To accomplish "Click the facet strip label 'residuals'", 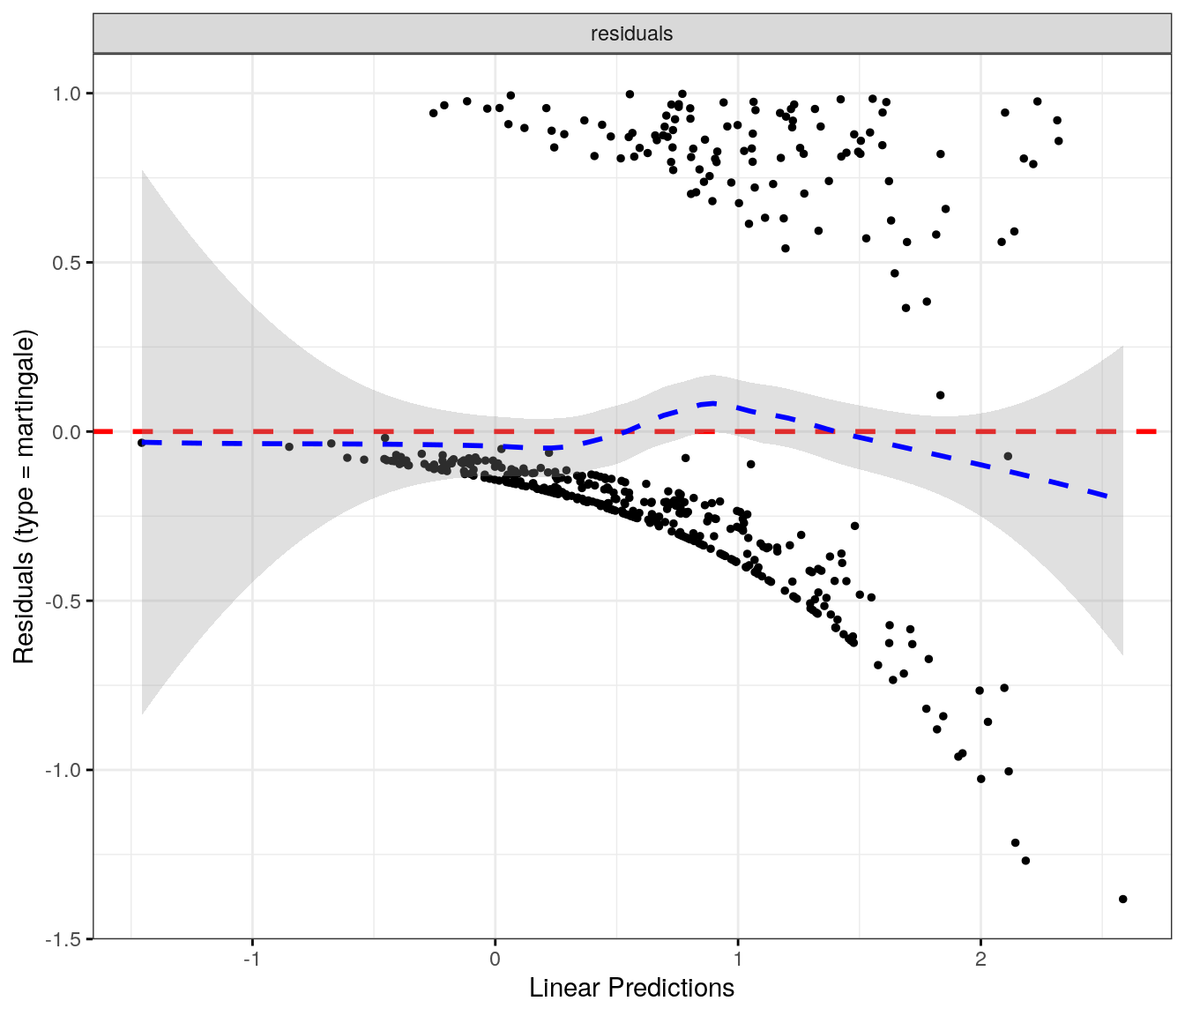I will click(x=631, y=34).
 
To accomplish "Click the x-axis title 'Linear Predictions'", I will click(x=631, y=988).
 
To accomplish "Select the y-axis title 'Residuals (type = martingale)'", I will click(x=24, y=497).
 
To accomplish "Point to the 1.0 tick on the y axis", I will click(x=67, y=93).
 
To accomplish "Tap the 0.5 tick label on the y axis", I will click(x=67, y=263).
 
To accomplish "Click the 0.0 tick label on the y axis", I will click(x=67, y=432).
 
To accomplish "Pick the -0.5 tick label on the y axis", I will click(x=64, y=601).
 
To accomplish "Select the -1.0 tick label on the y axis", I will click(x=64, y=770).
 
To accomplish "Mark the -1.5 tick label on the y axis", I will click(x=64, y=939).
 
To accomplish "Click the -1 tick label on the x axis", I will click(x=252, y=960).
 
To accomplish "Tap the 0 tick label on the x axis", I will click(x=496, y=960).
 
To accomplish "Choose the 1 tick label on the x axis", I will click(x=738, y=960).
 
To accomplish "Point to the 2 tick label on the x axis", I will click(x=980, y=960).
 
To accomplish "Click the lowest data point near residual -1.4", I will click(x=1122, y=899).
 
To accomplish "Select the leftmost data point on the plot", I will click(x=141, y=443).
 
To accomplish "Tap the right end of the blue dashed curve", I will click(x=1107, y=497).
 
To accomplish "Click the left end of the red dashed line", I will click(x=97, y=431).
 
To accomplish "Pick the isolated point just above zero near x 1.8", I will click(x=940, y=395).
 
